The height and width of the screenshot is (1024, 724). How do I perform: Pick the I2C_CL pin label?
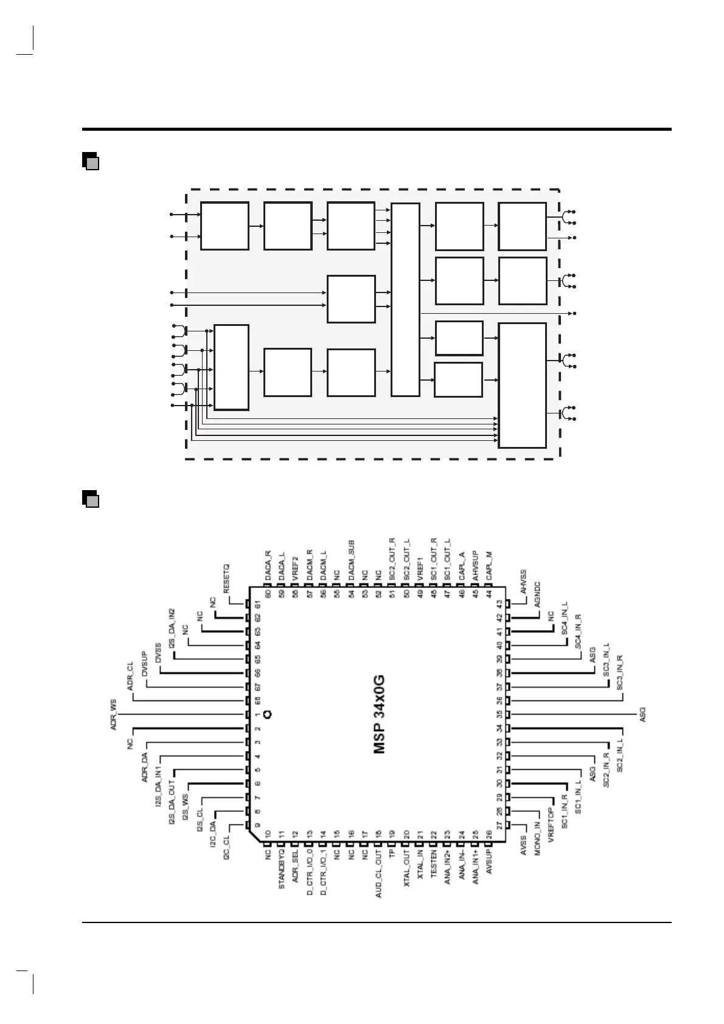pos(227,847)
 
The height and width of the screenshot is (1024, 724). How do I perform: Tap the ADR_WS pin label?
pos(114,714)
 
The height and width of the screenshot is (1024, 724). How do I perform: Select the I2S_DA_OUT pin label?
pos(172,803)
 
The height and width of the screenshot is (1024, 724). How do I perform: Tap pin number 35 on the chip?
pos(499,714)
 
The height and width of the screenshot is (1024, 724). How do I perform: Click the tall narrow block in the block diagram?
pos(405,299)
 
